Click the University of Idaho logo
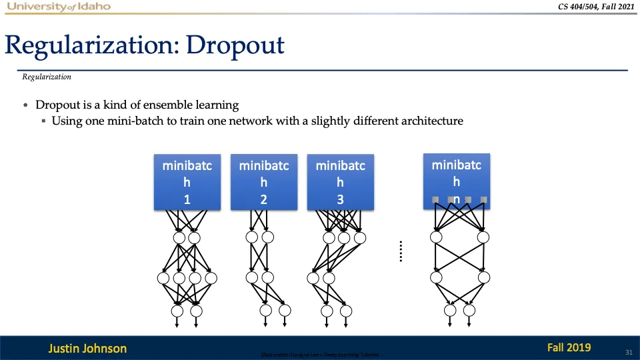[59, 7]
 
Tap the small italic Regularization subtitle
[47, 77]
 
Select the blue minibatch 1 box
[187, 181]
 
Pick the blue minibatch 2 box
[264, 181]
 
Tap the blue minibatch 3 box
[340, 181]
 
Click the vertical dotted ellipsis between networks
[401, 251]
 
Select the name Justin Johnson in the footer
[87, 348]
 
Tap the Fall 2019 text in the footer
[569, 347]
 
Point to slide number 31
[628, 351]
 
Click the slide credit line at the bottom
[321, 355]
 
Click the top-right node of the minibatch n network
[483, 237]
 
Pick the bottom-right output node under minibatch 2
[285, 310]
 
